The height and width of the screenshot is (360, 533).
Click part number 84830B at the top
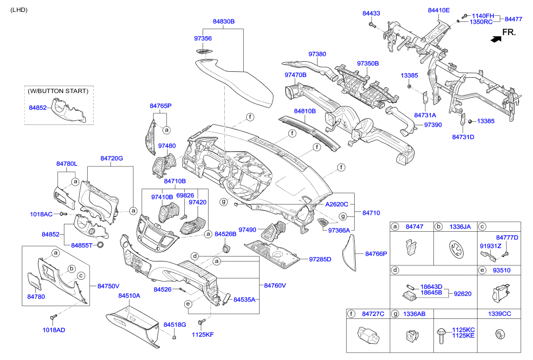(x=224, y=22)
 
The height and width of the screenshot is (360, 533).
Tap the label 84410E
(x=438, y=10)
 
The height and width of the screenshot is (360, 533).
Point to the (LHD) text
(x=19, y=10)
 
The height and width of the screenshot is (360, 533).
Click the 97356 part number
(x=203, y=38)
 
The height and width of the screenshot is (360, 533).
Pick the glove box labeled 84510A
(x=133, y=325)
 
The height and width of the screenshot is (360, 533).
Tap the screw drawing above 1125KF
(x=201, y=323)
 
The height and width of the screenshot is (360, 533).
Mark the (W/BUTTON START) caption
(x=58, y=91)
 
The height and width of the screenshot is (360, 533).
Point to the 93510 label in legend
(x=501, y=270)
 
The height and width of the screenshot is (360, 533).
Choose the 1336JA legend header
(x=460, y=226)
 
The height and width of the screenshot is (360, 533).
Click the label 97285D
(x=320, y=259)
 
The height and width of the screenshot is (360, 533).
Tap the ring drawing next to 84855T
(x=101, y=245)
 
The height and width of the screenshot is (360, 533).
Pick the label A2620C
(x=337, y=204)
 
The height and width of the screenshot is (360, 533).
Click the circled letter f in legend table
(x=352, y=313)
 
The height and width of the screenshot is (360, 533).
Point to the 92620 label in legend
(x=462, y=293)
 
